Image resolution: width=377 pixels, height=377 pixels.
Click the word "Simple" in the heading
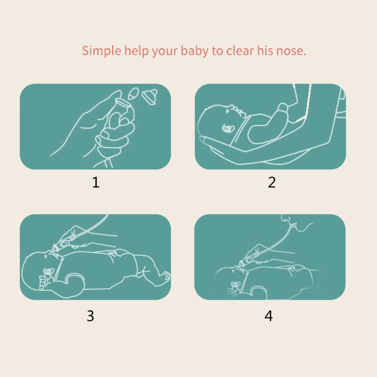(x=101, y=51)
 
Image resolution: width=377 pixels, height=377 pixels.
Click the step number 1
(x=96, y=182)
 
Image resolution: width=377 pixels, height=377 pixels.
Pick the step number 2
(x=272, y=182)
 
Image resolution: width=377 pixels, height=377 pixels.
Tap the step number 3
(x=90, y=316)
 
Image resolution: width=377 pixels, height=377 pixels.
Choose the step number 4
(x=269, y=316)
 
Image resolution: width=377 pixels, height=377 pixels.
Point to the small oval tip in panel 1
(x=133, y=93)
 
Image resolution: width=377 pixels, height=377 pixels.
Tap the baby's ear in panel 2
(x=227, y=129)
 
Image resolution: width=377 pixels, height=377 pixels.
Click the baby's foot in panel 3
(x=164, y=278)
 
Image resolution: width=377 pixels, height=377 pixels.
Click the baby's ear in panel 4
(x=235, y=285)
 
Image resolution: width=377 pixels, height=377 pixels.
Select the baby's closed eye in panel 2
(x=227, y=111)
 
